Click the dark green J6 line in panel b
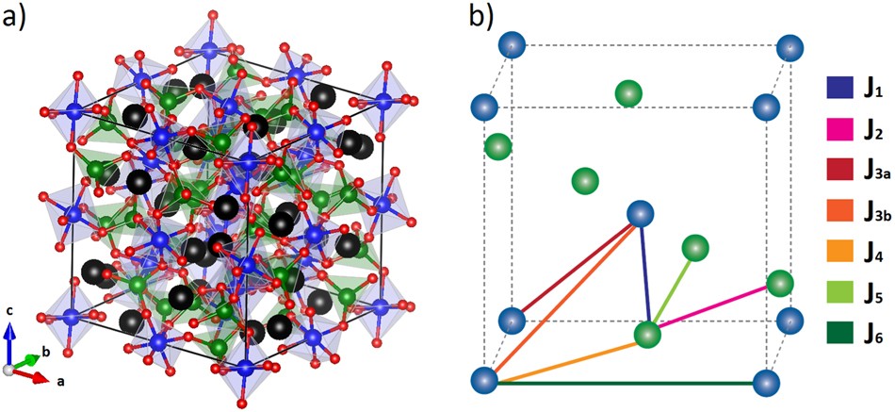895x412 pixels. point(622,383)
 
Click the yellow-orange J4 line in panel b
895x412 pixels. point(565,358)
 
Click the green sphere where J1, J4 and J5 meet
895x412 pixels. point(647,334)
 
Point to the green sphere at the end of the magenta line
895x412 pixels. point(779,283)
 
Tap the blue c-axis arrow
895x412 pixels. point(10,342)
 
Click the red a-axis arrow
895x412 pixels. point(30,376)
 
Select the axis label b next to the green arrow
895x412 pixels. point(45,352)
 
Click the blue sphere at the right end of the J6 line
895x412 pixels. point(766,383)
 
